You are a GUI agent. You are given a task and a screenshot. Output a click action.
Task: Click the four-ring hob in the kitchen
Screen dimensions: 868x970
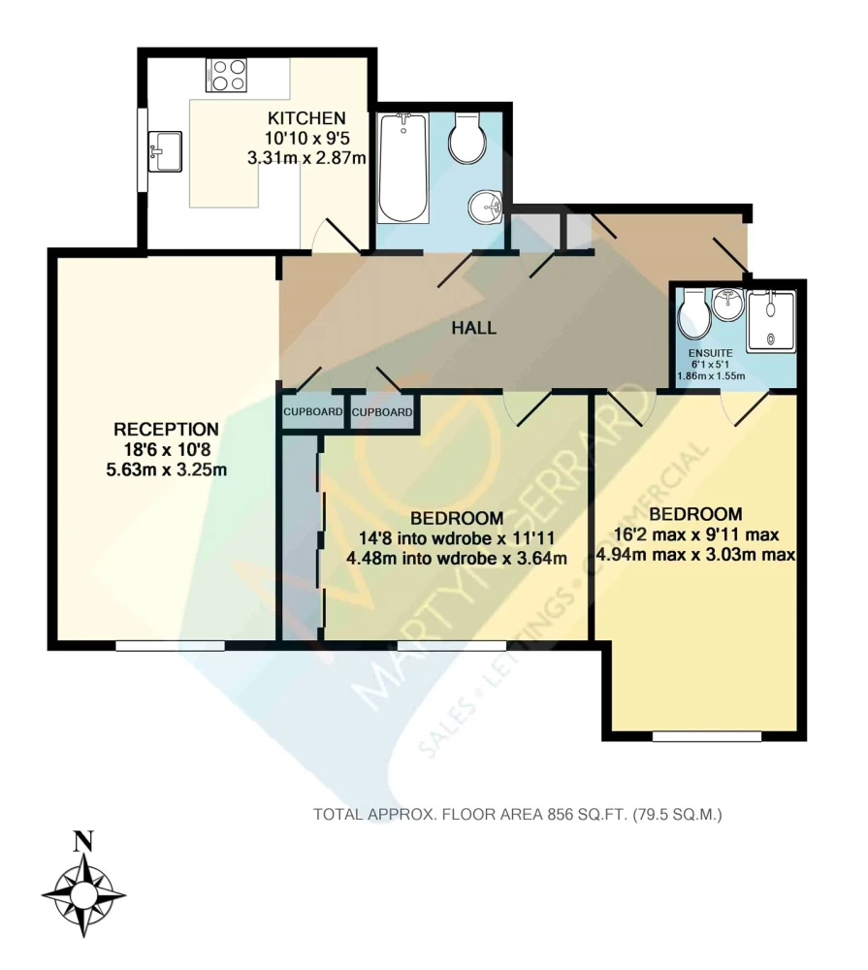(226, 75)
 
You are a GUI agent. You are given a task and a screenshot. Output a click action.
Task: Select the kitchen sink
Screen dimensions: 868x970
(165, 151)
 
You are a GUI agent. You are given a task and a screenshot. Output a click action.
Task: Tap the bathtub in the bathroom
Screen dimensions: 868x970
(402, 168)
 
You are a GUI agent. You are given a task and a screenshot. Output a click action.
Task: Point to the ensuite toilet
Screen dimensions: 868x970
(694, 313)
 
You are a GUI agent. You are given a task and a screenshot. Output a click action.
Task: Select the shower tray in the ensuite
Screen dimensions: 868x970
(770, 321)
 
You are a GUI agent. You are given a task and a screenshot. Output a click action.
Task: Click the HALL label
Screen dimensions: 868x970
(474, 328)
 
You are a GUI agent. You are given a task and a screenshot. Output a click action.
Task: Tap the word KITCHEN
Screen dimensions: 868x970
(306, 117)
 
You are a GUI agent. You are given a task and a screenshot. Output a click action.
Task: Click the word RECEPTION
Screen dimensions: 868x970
(167, 429)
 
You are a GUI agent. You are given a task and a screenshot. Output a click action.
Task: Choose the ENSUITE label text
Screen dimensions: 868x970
(710, 353)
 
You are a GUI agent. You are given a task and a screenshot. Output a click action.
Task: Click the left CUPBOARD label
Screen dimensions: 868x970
(313, 411)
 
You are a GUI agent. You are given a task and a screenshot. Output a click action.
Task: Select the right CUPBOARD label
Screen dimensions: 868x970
(382, 412)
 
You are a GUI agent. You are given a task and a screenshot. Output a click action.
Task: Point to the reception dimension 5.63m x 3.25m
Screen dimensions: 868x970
(167, 469)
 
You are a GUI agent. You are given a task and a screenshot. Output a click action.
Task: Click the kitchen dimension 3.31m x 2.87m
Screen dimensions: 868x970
(306, 158)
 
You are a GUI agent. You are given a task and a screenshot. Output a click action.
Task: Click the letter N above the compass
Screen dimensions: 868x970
(83, 842)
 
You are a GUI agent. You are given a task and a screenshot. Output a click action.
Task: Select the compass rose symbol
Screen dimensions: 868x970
(83, 894)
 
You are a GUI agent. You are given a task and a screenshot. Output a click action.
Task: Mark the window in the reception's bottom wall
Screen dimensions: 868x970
(170, 645)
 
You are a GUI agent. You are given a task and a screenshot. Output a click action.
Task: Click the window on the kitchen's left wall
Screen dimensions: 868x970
(143, 151)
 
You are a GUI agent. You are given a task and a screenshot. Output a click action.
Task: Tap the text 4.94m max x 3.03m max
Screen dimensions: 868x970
(695, 554)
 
